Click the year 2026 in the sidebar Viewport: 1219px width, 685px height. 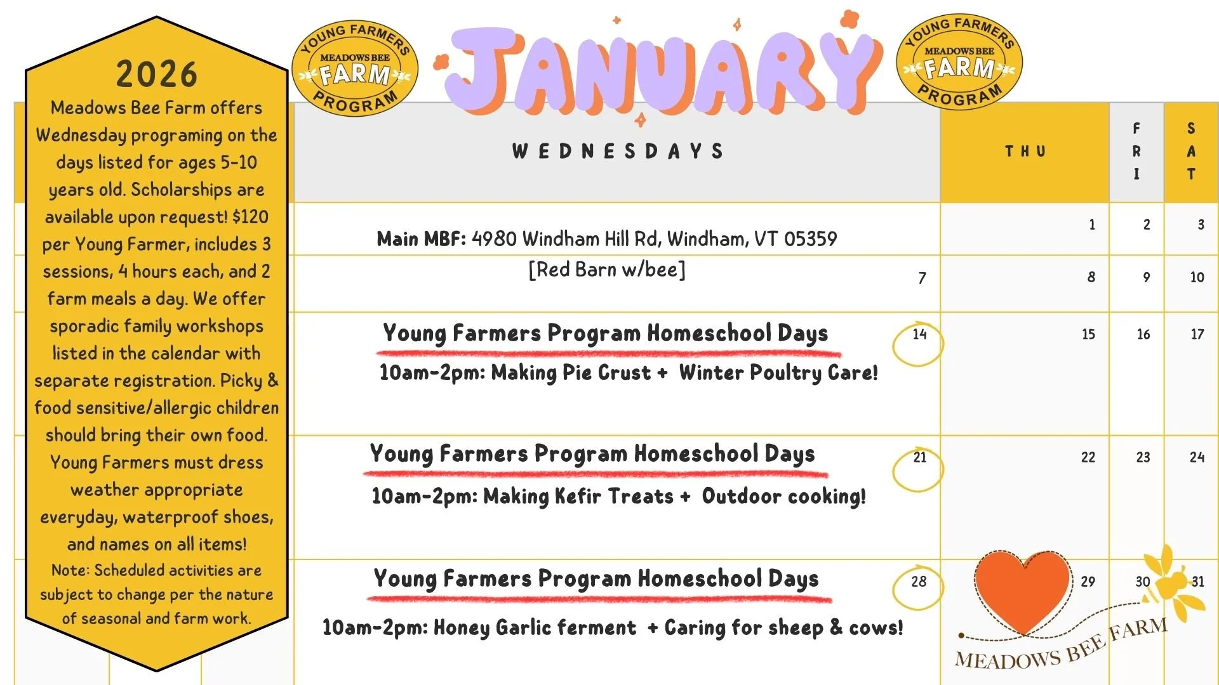(x=157, y=74)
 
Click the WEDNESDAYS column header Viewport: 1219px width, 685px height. (x=618, y=152)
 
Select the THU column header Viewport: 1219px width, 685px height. (x=1025, y=152)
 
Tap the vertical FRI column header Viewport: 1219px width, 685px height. (x=1136, y=152)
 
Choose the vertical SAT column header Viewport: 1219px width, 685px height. (x=1191, y=152)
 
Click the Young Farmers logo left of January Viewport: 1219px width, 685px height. (x=355, y=68)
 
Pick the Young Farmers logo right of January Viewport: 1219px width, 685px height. (x=959, y=62)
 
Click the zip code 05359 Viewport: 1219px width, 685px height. (x=810, y=239)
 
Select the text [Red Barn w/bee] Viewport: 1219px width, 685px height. (x=607, y=270)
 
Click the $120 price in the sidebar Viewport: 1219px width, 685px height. (x=250, y=217)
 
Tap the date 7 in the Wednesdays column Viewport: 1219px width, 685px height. (x=922, y=278)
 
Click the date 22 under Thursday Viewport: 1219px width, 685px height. (x=1088, y=457)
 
